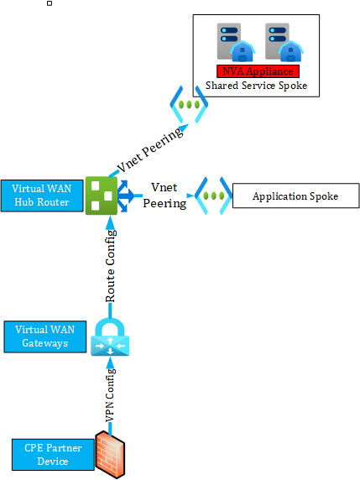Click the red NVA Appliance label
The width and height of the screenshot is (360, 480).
coord(258,71)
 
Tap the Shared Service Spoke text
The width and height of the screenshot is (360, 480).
coord(256,86)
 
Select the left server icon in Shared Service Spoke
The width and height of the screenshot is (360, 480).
coord(236,42)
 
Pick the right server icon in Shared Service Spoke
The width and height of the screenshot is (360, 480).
coord(284,42)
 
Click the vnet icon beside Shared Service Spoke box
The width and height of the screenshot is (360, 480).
coord(189,105)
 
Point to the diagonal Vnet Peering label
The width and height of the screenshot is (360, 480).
coord(150,150)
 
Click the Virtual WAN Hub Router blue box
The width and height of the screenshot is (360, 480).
coord(42,196)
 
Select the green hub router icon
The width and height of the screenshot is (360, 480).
coord(102,196)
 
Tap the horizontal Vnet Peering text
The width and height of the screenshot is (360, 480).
coord(164,196)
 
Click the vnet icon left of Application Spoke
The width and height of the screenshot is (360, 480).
coord(214,196)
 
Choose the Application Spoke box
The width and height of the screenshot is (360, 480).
coord(295,196)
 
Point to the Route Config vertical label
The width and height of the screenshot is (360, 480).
coord(110,266)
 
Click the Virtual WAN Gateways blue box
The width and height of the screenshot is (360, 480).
coord(45,337)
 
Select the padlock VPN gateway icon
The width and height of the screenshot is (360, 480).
coord(110,337)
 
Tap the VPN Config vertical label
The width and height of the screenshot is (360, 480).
coord(110,395)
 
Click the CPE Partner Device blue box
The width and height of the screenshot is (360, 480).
coord(53,455)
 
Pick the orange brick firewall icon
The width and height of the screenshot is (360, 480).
coord(110,455)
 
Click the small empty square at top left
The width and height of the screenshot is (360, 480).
coord(50,3)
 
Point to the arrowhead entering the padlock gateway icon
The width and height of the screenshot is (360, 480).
coord(110,363)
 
